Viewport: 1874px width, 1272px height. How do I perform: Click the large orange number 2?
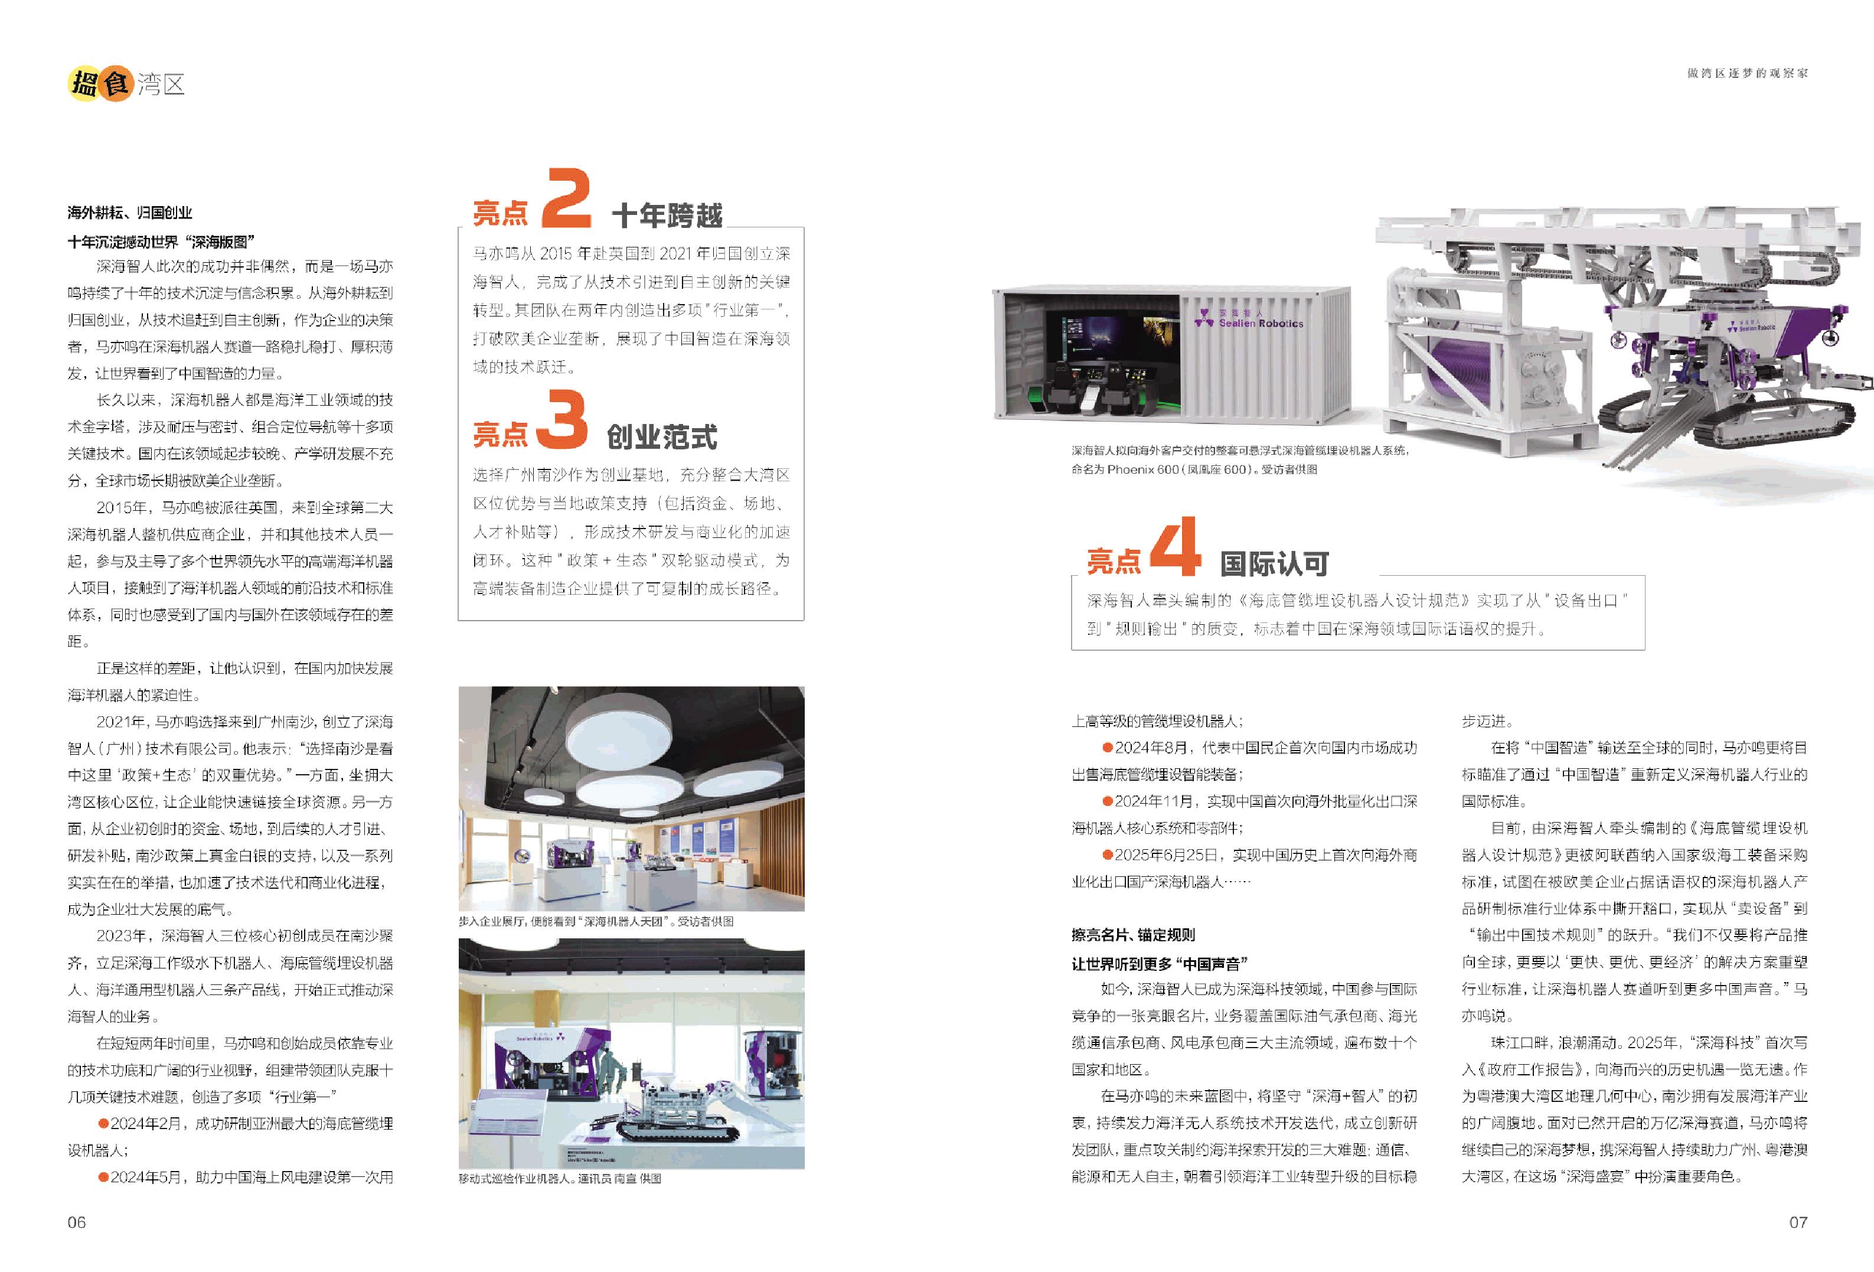pos(567,198)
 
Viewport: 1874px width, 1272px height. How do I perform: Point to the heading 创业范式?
pos(662,437)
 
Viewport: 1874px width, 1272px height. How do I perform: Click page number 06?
pos(77,1222)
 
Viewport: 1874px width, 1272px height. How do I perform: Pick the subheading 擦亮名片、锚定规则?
pos(1133,935)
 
